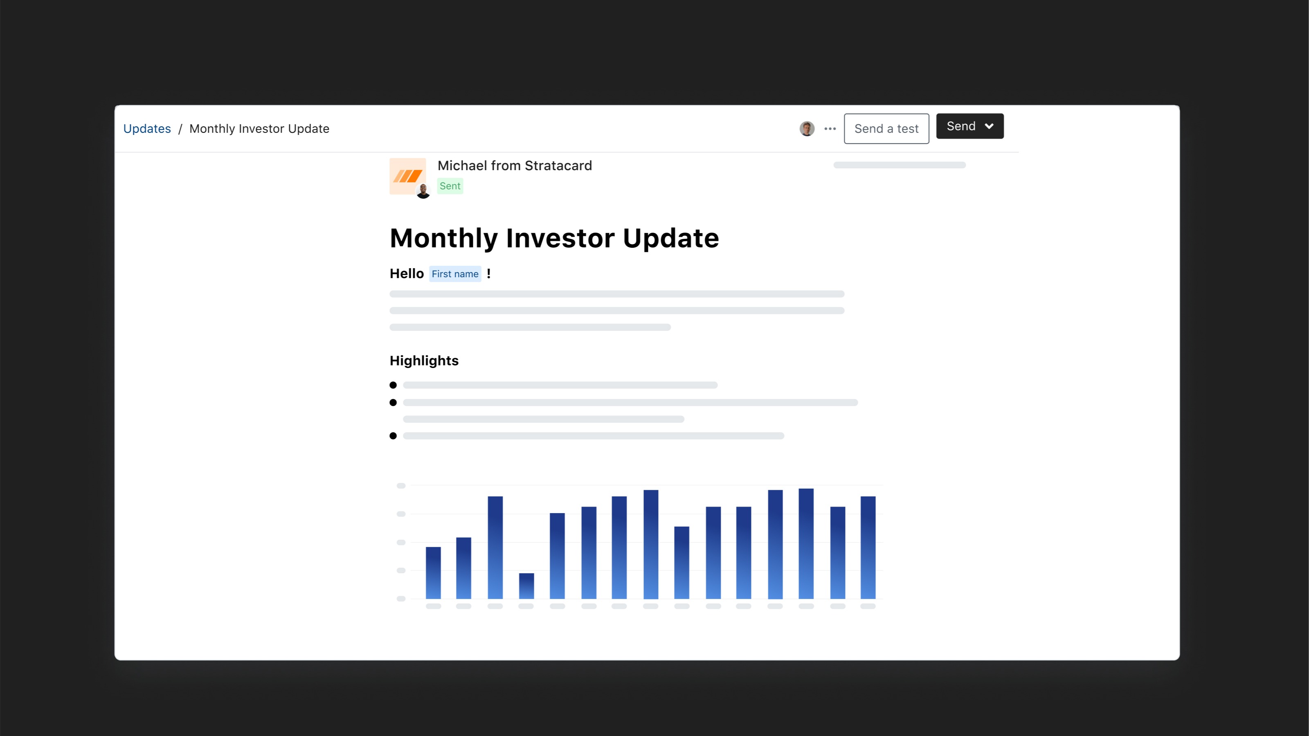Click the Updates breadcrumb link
[x=147, y=128]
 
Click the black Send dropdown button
[x=969, y=126]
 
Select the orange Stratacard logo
[x=407, y=176]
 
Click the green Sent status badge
[x=450, y=186]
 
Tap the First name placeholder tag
[x=455, y=274]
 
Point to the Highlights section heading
[x=424, y=361]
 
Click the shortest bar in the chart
[x=526, y=586]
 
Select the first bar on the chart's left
[x=433, y=572]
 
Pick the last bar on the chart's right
[x=868, y=547]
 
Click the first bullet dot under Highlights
[x=393, y=385]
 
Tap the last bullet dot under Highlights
[x=393, y=436]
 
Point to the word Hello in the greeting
[x=407, y=274]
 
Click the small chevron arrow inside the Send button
[x=989, y=126]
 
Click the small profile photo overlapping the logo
[x=423, y=191]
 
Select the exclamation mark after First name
[x=488, y=274]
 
